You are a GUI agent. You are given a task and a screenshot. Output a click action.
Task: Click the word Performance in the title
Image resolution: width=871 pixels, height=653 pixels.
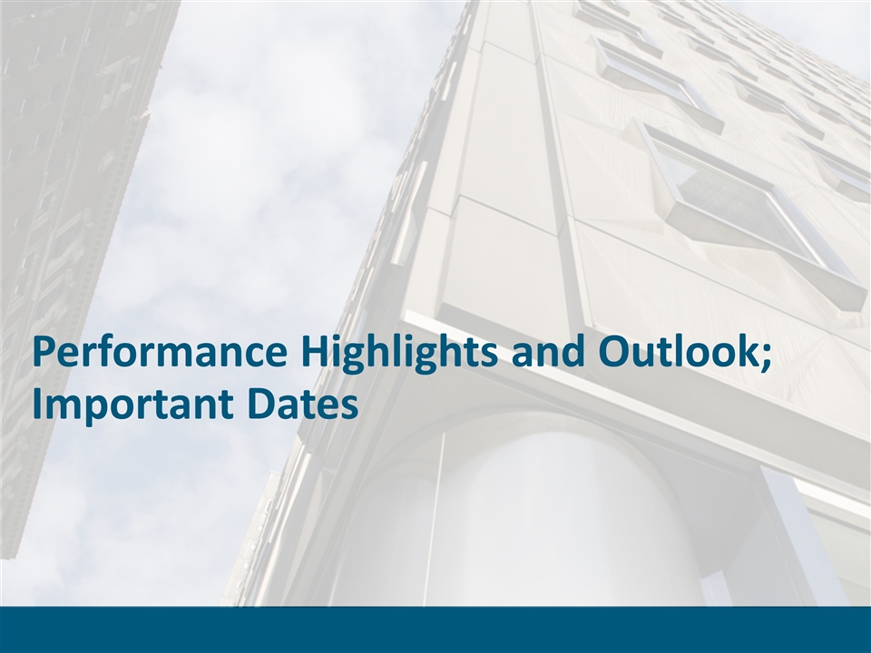(160, 353)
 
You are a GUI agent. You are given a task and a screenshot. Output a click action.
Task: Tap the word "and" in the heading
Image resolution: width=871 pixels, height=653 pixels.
(548, 352)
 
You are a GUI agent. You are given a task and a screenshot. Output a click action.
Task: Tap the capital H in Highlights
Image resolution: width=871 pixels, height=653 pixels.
(315, 352)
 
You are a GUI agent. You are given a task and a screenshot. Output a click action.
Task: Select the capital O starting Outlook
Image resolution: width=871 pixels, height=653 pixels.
(614, 352)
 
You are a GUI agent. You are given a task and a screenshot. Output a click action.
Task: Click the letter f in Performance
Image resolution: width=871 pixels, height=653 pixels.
(109, 350)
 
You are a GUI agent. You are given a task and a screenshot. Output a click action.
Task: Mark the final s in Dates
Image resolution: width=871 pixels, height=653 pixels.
(348, 407)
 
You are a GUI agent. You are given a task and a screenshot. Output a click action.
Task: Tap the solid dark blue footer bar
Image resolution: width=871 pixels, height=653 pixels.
(435, 629)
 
